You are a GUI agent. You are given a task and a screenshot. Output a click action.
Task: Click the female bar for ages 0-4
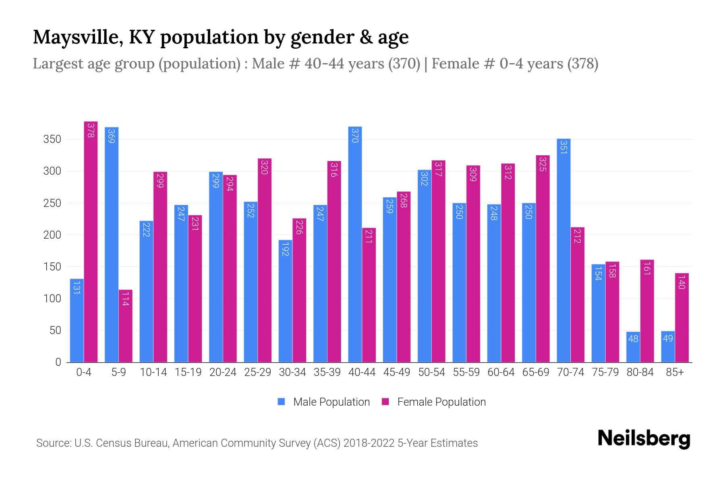click(91, 242)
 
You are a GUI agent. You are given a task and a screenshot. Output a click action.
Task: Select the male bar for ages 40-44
click(355, 244)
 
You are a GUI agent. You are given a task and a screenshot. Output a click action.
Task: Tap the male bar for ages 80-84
click(633, 347)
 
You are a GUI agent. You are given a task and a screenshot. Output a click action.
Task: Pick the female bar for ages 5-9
click(125, 326)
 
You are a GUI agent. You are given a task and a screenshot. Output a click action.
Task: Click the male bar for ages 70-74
click(563, 250)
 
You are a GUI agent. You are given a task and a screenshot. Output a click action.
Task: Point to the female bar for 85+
click(682, 318)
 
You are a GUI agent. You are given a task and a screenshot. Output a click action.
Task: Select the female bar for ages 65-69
click(543, 258)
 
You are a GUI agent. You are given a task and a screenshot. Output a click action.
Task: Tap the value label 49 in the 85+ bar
click(668, 339)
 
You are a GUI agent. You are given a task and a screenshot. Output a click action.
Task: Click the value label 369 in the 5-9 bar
click(112, 136)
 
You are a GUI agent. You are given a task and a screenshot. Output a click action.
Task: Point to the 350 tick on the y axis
click(52, 140)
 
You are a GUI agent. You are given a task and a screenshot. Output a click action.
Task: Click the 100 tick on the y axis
click(52, 299)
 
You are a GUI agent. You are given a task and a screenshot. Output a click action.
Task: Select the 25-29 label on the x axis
click(257, 372)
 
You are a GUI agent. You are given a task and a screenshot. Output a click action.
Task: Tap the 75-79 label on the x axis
click(605, 372)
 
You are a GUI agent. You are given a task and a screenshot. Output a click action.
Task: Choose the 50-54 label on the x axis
click(431, 372)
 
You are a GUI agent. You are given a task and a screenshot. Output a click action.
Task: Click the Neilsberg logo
click(644, 439)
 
